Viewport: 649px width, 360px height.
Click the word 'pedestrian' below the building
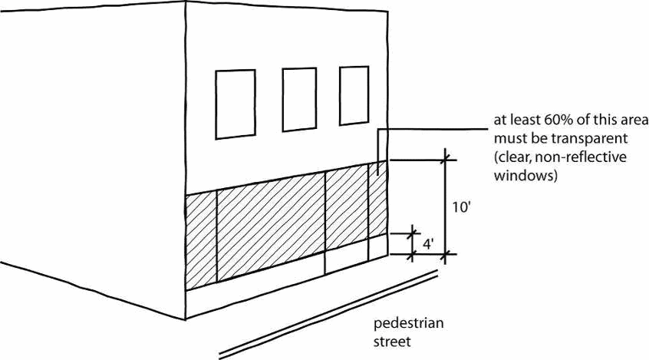[x=408, y=322]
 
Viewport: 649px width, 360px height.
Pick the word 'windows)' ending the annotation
[x=525, y=175]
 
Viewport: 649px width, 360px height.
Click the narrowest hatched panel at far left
[x=201, y=239]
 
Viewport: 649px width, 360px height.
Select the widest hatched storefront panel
[x=271, y=226]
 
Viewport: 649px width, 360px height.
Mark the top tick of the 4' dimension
[x=413, y=232]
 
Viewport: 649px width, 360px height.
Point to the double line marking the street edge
[x=330, y=311]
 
